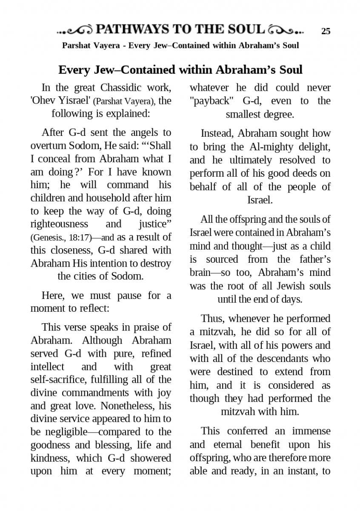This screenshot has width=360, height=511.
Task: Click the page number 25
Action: click(x=326, y=31)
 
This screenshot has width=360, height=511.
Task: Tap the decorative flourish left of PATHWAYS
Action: click(x=74, y=30)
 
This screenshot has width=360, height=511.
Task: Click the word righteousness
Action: click(x=59, y=224)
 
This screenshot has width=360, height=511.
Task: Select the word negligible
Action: click(x=59, y=432)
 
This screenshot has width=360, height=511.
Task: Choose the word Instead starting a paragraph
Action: click(x=217, y=133)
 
